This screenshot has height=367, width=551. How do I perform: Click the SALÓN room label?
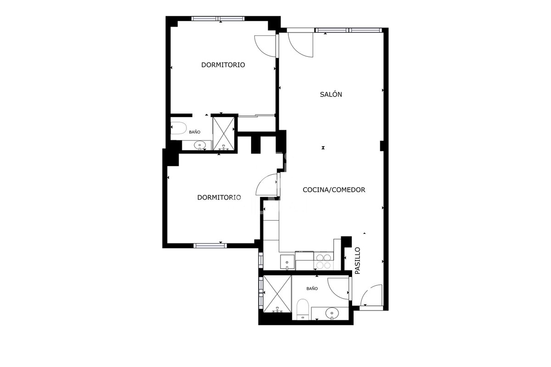(x=331, y=94)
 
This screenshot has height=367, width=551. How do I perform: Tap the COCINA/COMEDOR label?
(x=334, y=190)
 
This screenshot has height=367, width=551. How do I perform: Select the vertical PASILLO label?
(x=357, y=261)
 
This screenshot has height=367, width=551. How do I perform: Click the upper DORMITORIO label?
(x=223, y=65)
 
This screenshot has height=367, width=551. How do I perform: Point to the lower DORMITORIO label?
(x=219, y=197)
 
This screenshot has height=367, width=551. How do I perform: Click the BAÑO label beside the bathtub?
(x=195, y=132)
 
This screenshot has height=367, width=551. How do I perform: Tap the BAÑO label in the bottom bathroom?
(x=312, y=289)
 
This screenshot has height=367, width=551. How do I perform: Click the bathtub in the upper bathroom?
(x=179, y=128)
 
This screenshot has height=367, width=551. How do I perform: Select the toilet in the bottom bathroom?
(x=303, y=309)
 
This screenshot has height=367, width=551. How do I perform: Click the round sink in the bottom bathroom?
(x=332, y=313)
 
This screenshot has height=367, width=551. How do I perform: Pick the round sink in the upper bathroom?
(x=200, y=145)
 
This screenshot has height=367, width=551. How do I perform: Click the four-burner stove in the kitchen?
(x=323, y=261)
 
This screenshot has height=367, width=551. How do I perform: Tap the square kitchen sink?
(x=287, y=262)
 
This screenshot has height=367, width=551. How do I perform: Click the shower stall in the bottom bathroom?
(x=277, y=294)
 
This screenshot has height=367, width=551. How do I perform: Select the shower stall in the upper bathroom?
(x=224, y=133)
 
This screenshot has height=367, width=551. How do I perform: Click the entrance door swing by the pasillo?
(x=371, y=295)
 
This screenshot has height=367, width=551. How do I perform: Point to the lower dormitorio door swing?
(x=267, y=184)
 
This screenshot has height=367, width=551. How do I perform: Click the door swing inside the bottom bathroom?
(x=338, y=289)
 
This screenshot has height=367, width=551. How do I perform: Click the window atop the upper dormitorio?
(x=218, y=18)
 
